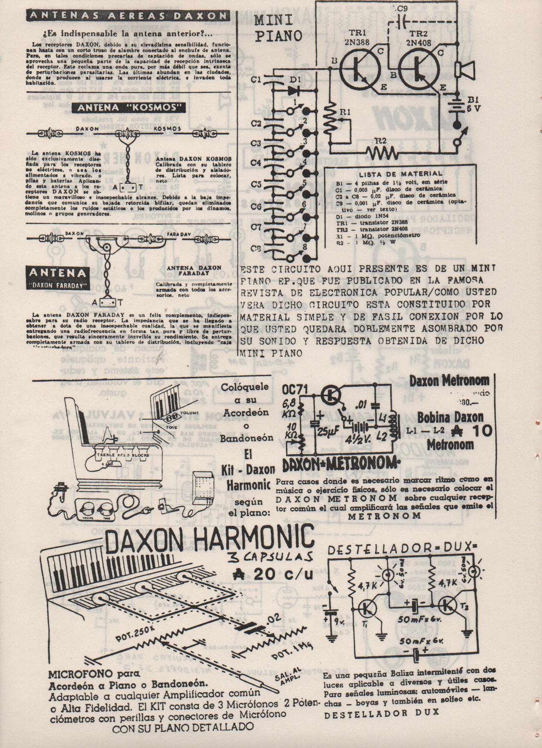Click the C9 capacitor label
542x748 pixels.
click(402, 8)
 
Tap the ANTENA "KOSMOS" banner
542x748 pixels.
click(127, 107)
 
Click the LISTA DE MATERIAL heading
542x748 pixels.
click(401, 174)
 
